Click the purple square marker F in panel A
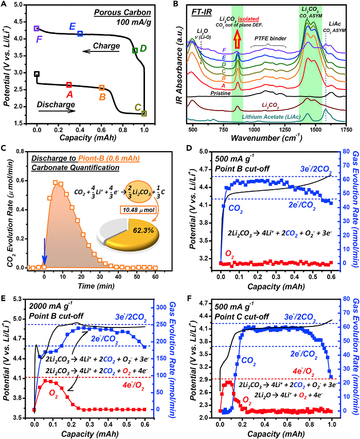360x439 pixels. click(37, 28)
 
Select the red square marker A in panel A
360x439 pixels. click(69, 85)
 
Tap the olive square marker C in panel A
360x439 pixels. click(144, 114)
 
